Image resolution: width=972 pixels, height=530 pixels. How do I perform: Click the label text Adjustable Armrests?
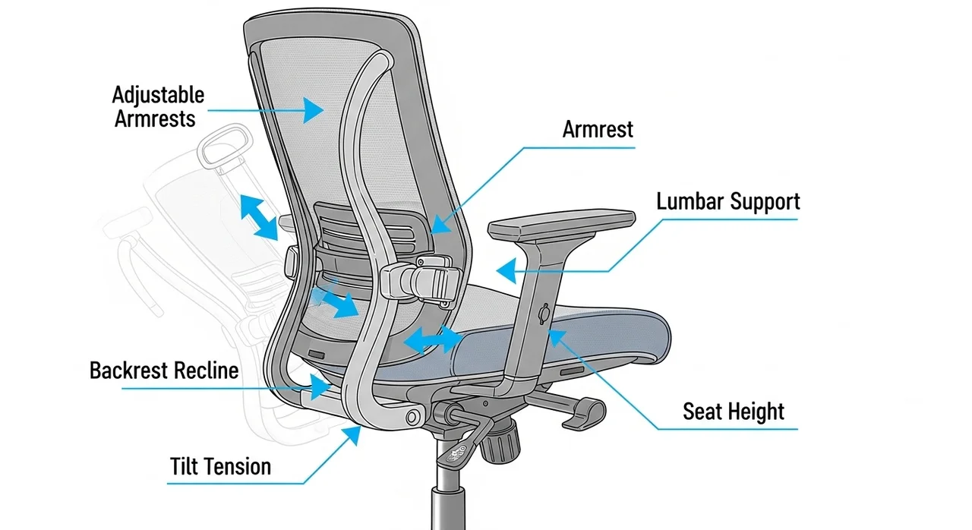tap(158, 107)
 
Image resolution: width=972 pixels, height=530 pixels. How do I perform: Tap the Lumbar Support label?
tap(728, 202)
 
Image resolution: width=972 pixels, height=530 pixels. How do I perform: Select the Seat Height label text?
tap(734, 411)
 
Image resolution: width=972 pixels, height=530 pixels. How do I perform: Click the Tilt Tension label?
tap(220, 467)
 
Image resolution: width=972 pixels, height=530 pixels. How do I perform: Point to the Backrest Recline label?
tap(164, 371)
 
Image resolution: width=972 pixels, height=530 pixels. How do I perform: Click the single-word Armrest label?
tap(598, 129)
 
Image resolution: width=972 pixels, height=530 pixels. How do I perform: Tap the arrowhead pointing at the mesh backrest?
tap(312, 110)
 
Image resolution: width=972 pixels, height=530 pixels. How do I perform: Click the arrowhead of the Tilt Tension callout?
tap(352, 434)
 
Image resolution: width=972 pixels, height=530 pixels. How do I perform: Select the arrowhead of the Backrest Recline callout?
tap(320, 386)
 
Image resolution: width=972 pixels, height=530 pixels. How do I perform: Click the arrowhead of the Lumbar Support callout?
tap(507, 270)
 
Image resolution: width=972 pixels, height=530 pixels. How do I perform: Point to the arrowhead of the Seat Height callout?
tap(557, 337)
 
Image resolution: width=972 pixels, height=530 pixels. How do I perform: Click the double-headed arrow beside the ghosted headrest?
tap(259, 217)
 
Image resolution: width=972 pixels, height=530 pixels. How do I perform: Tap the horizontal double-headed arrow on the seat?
tap(433, 339)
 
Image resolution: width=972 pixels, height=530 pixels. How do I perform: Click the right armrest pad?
tap(562, 223)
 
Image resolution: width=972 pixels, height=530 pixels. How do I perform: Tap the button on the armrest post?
tap(544, 314)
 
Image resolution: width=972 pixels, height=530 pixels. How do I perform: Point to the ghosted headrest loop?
tap(224, 146)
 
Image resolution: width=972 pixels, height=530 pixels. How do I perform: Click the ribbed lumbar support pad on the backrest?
tap(369, 229)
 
